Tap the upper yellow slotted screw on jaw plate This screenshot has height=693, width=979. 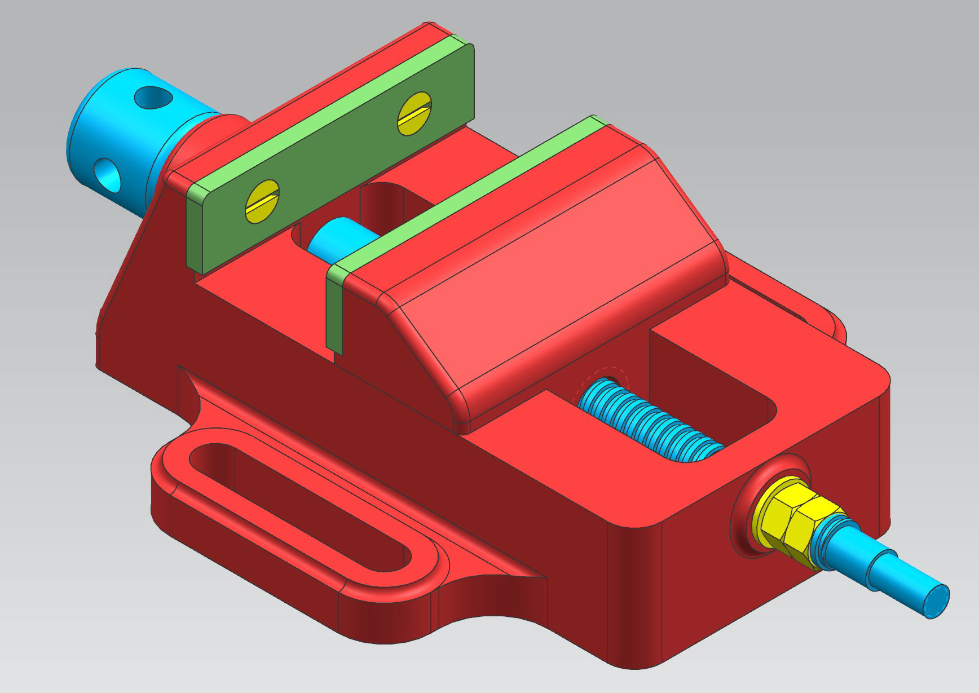[x=415, y=114]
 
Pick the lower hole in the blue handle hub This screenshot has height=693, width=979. [x=109, y=174]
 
